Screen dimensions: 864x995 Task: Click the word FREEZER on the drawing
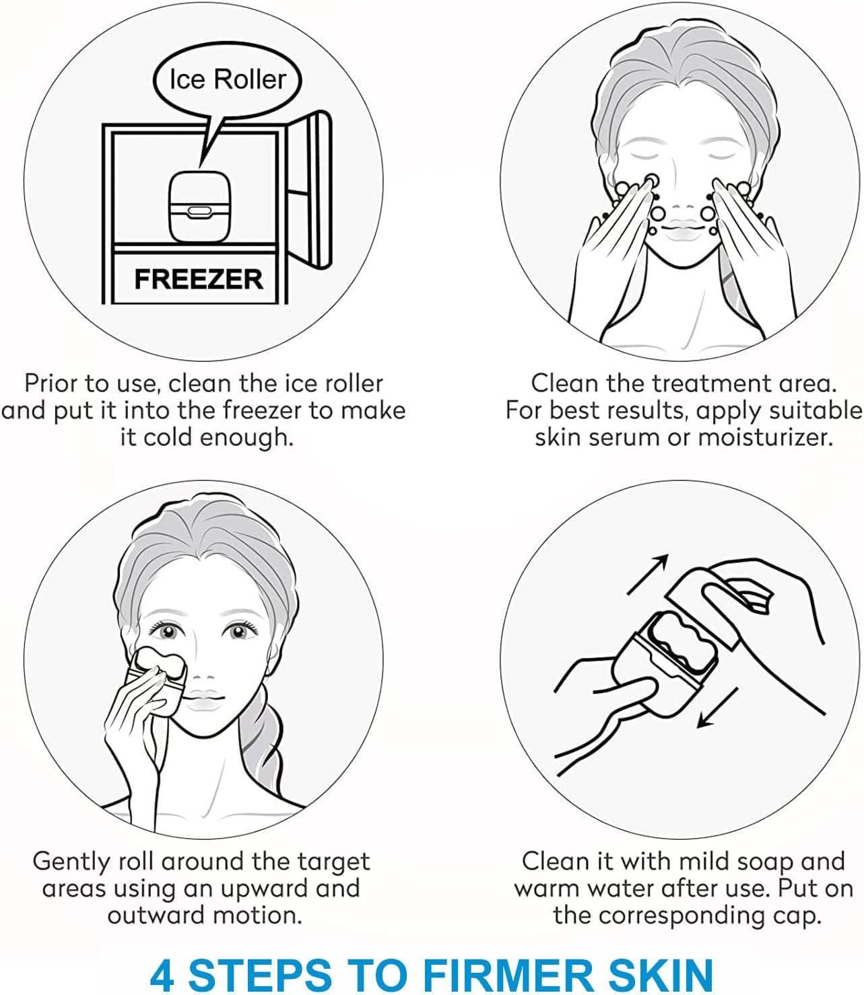pyautogui.click(x=199, y=279)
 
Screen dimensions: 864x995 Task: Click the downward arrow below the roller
pyautogui.click(x=718, y=708)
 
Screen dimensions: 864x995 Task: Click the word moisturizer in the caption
pyautogui.click(x=763, y=437)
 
